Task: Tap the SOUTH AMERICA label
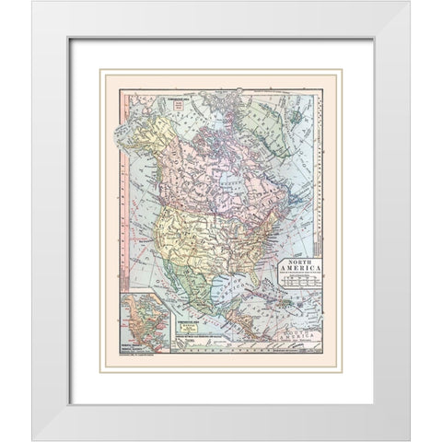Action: pos(303,340)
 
